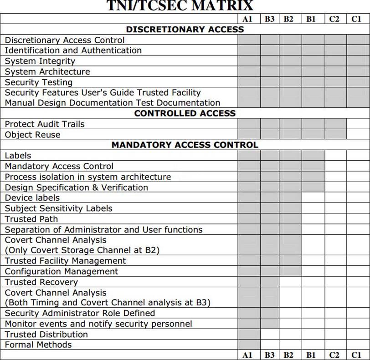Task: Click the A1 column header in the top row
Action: pos(247,19)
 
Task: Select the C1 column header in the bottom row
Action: pos(356,355)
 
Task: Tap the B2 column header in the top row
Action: pos(288,19)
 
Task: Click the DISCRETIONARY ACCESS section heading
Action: pos(185,29)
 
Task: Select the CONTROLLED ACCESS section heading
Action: pos(185,113)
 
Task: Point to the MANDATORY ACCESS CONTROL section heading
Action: pos(185,145)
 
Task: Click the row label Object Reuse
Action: pos(32,135)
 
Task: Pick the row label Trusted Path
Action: pos(31,219)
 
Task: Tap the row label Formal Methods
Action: pos(38,345)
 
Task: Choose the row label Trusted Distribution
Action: pos(46,334)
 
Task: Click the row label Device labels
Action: pos(32,198)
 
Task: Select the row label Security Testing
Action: pos(39,82)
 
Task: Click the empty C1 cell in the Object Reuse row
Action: pos(358,135)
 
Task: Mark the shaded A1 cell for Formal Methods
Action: pos(249,345)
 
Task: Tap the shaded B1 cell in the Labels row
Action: pos(313,156)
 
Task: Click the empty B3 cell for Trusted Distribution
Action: pos(270,334)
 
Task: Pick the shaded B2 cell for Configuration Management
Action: pos(290,271)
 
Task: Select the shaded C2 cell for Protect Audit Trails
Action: pos(336,124)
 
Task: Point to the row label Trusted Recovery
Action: pos(41,282)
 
